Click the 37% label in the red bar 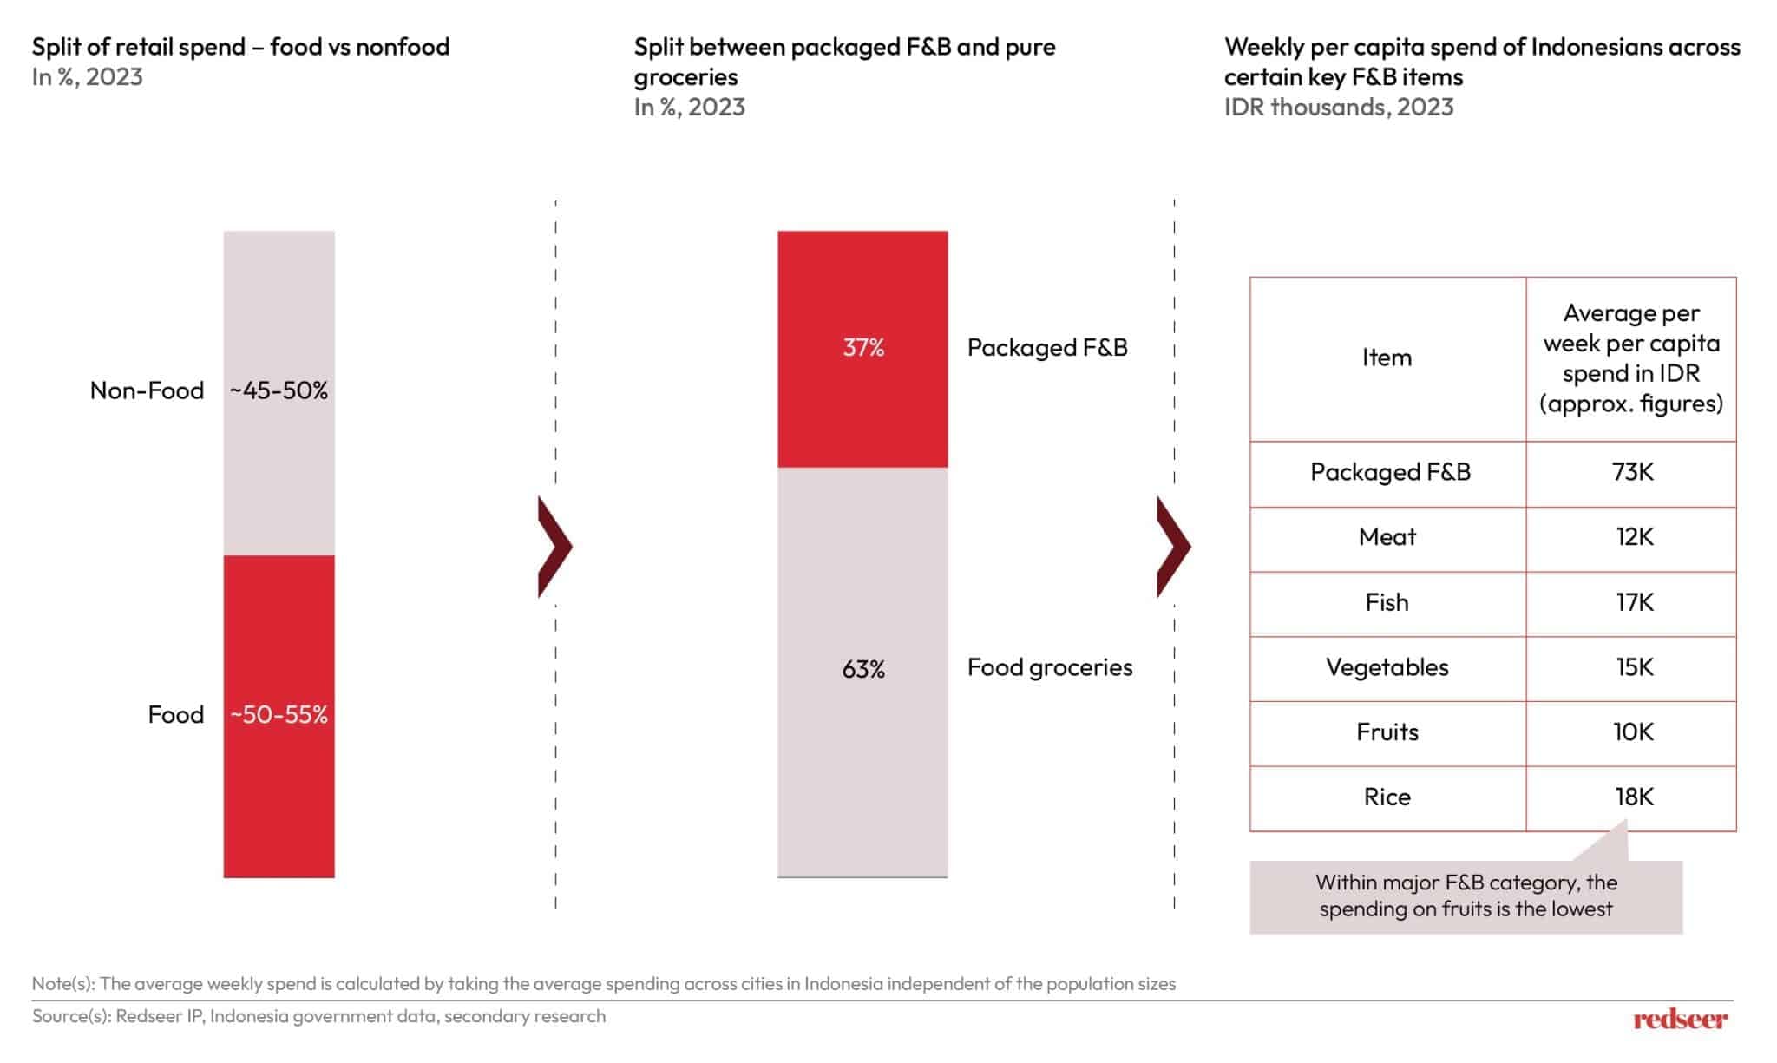[863, 348]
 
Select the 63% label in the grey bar [863, 669]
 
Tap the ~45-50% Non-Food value [279, 390]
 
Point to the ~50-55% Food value [279, 715]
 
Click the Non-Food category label [147, 390]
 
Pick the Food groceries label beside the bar [1050, 667]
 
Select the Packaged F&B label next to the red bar [1047, 348]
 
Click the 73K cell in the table [1632, 472]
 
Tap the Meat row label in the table [1387, 537]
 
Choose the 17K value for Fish [1634, 602]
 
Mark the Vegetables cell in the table [1387, 667]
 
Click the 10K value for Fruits [1633, 732]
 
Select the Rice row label [1387, 797]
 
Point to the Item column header [1387, 358]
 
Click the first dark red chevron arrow [554, 547]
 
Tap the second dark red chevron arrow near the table [1172, 547]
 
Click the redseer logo [1680, 1019]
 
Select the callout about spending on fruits [1466, 896]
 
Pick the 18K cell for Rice [1634, 797]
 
